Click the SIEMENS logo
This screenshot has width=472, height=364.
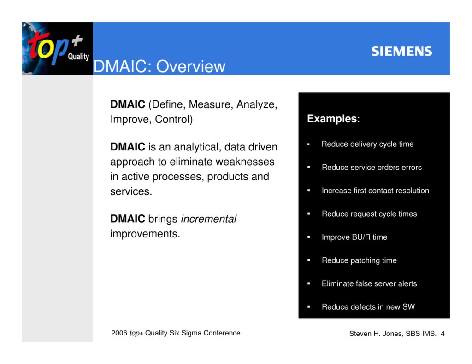pyautogui.click(x=401, y=51)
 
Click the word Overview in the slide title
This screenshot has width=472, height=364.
pyautogui.click(x=190, y=67)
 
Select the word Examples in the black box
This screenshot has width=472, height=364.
pyautogui.click(x=332, y=119)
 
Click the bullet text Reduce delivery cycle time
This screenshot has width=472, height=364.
pyautogui.click(x=367, y=144)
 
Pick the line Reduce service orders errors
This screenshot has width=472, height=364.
pyautogui.click(x=372, y=168)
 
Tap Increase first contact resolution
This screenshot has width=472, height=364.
pyautogui.click(x=375, y=191)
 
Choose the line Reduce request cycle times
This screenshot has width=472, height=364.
pyautogui.click(x=369, y=214)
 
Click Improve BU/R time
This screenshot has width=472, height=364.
pyautogui.click(x=354, y=237)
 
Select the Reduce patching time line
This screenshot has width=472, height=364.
pyautogui.click(x=359, y=260)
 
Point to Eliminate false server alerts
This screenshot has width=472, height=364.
pyautogui.click(x=369, y=284)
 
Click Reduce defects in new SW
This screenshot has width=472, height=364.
pyautogui.click(x=368, y=307)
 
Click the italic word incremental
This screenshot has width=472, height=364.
pyautogui.click(x=208, y=219)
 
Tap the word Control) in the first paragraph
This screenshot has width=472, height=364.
pyautogui.click(x=174, y=120)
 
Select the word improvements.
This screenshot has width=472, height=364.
pyautogui.click(x=145, y=234)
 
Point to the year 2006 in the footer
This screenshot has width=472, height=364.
pyautogui.click(x=119, y=333)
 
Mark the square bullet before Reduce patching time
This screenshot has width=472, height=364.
pyautogui.click(x=309, y=260)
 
